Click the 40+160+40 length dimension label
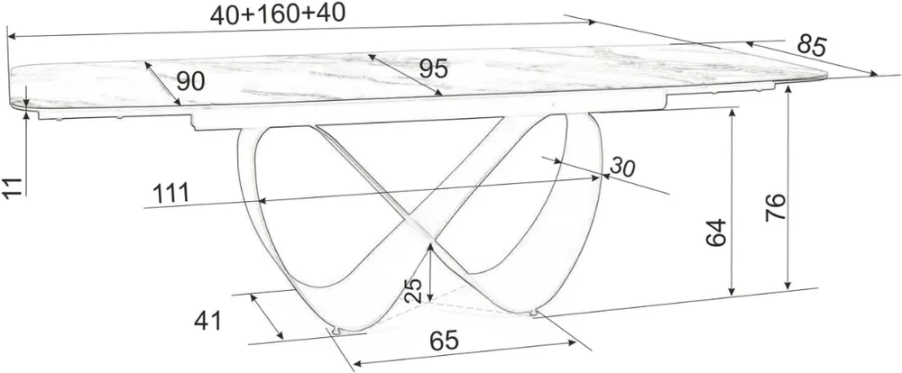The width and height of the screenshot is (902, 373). coord(277,14)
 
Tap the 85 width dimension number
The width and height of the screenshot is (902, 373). coord(812,46)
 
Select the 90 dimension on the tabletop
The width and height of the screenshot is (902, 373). coord(190,82)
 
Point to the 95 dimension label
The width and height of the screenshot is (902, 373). coord(433,69)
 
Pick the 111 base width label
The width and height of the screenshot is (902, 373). coord(170,194)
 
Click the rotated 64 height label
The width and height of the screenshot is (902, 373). coord(717,232)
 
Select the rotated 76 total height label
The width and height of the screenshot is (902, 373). coord(775,207)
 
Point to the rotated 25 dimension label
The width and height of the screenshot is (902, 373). coord(412,290)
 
